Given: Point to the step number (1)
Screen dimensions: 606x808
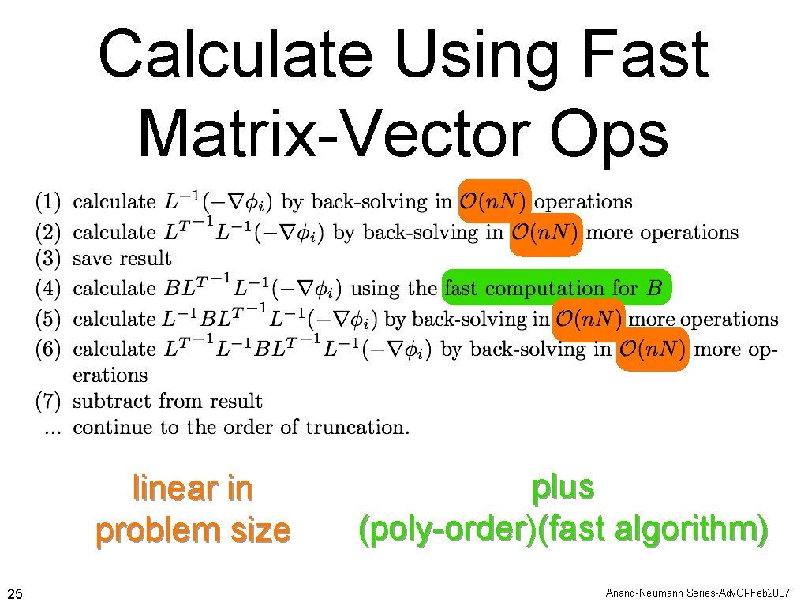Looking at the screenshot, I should pos(49,202).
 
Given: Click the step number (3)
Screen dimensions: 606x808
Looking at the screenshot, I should pos(49,258).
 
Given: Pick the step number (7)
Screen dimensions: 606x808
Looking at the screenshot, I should pos(49,401).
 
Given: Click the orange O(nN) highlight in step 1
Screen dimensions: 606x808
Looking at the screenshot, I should pos(494,202).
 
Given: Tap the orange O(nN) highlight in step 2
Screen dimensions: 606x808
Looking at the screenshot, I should pos(545,233).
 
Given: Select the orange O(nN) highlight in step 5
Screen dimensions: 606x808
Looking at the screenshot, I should pos(589,320).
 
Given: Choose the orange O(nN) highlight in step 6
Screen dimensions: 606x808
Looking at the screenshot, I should pos(652,350).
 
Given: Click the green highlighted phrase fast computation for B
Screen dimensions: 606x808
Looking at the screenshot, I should pos(555,288).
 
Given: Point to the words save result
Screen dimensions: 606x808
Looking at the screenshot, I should pos(122,258).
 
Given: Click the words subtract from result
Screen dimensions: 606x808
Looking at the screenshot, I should pos(167,401).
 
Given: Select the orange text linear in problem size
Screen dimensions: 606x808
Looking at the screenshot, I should pos(193,510).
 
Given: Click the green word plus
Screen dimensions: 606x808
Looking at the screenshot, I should pos(563,488).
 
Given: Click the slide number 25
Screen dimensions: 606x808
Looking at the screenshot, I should pos(15,593).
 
